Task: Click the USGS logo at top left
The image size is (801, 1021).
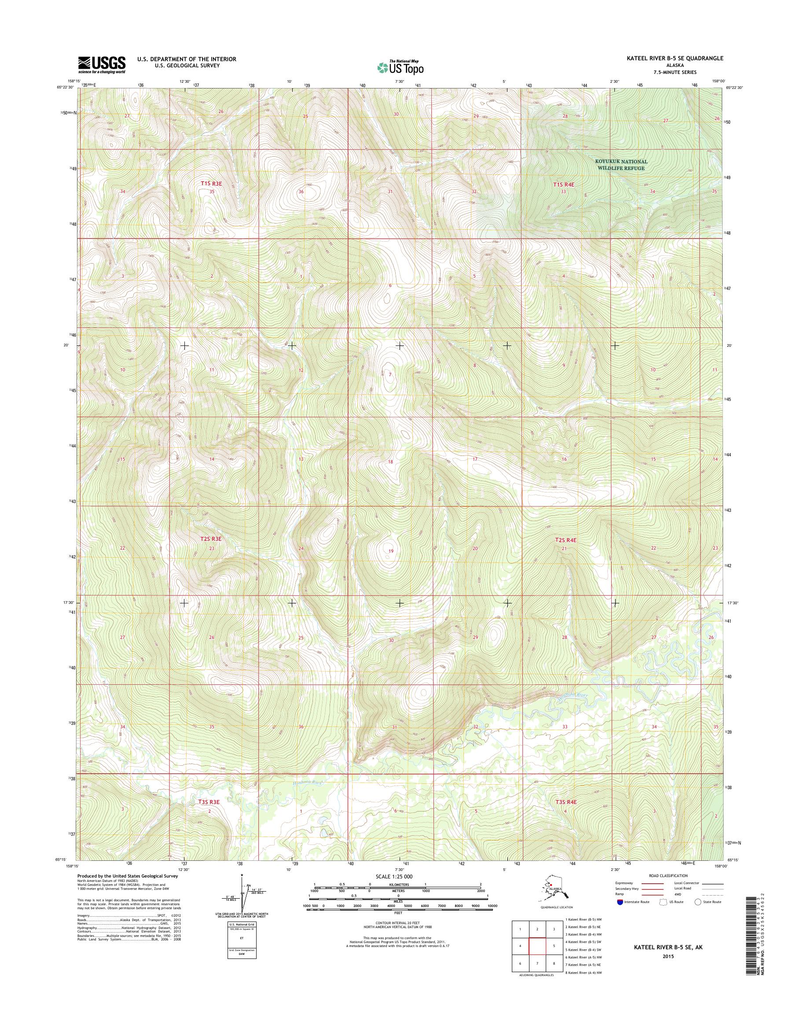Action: [102, 65]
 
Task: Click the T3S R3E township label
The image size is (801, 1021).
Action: [209, 802]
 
